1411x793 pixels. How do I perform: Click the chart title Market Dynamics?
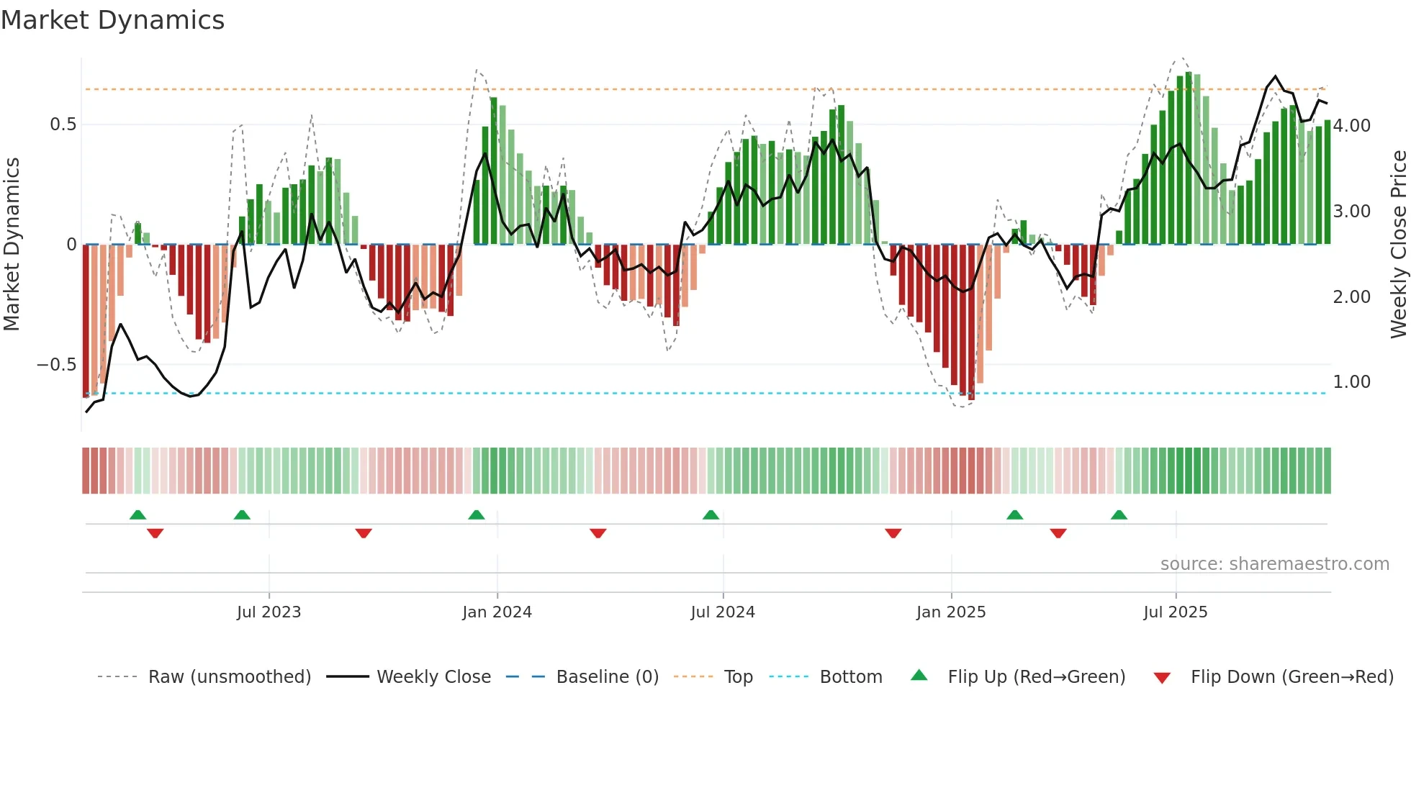coord(112,20)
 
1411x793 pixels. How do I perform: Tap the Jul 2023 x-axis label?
coord(269,612)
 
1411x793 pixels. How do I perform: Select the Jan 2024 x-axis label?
coord(497,612)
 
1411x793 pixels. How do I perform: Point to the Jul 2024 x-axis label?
coord(723,612)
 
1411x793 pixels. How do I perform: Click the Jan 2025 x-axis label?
coord(951,612)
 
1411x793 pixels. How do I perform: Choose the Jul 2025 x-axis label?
coord(1176,612)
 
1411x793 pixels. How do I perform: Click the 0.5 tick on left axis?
coord(63,124)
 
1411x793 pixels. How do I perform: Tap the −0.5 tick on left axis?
coord(56,365)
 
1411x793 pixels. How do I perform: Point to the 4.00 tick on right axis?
coord(1352,126)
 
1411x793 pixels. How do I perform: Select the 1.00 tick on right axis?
coord(1352,382)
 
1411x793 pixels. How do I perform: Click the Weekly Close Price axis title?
coord(1398,245)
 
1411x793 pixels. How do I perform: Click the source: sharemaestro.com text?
coord(1274,564)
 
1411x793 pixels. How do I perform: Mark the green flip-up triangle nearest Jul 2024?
coord(711,515)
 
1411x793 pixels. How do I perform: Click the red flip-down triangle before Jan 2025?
coord(893,533)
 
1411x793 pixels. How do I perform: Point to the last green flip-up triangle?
coord(1119,515)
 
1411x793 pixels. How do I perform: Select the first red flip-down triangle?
coord(155,533)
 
